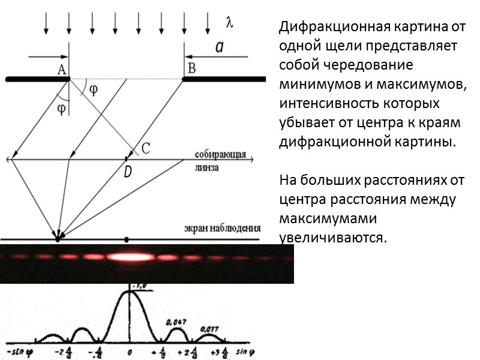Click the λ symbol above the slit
click(229, 23)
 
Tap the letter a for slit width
click(220, 48)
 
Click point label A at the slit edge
click(61, 69)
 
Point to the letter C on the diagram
click(145, 146)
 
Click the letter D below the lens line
click(127, 172)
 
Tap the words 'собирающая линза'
click(220, 161)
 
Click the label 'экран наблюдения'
click(222, 228)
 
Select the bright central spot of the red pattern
click(128, 257)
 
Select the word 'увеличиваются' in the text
click(331, 236)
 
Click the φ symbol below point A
click(61, 109)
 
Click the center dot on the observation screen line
click(126, 239)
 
